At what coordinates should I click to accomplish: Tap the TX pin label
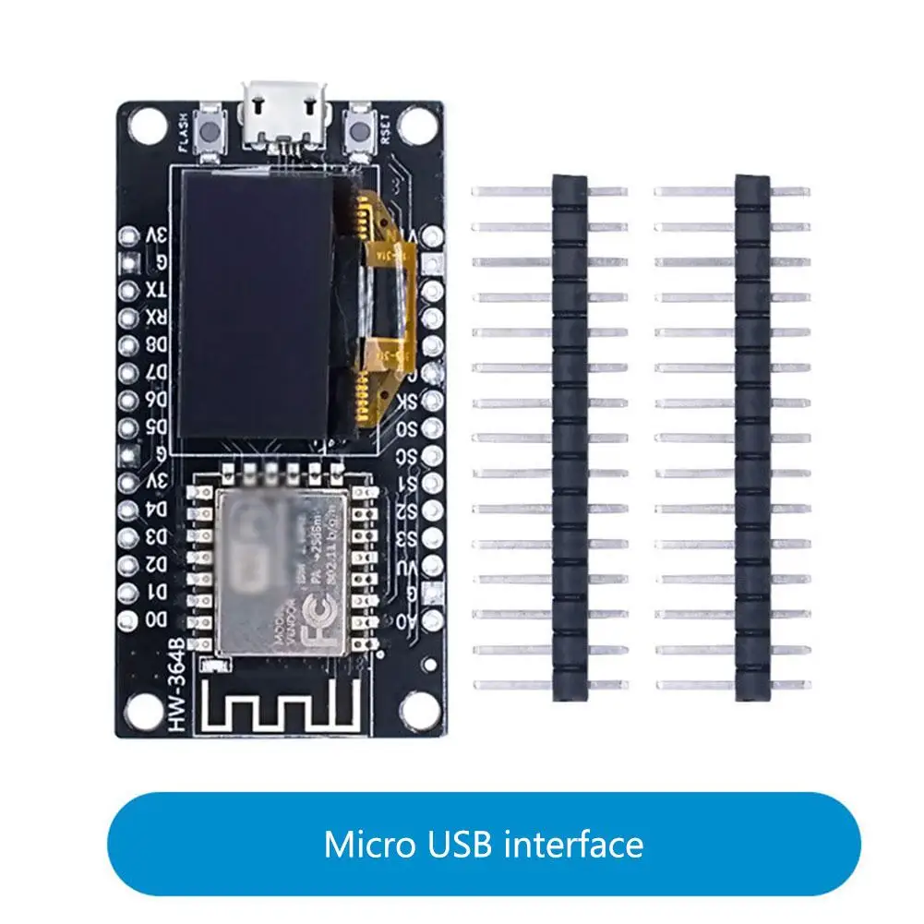click(157, 290)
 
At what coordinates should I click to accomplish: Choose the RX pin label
click(157, 318)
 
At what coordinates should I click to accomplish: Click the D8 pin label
click(157, 345)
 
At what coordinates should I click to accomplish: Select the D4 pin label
click(157, 509)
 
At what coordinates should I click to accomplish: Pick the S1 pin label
click(407, 485)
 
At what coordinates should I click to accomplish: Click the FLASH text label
click(183, 132)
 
